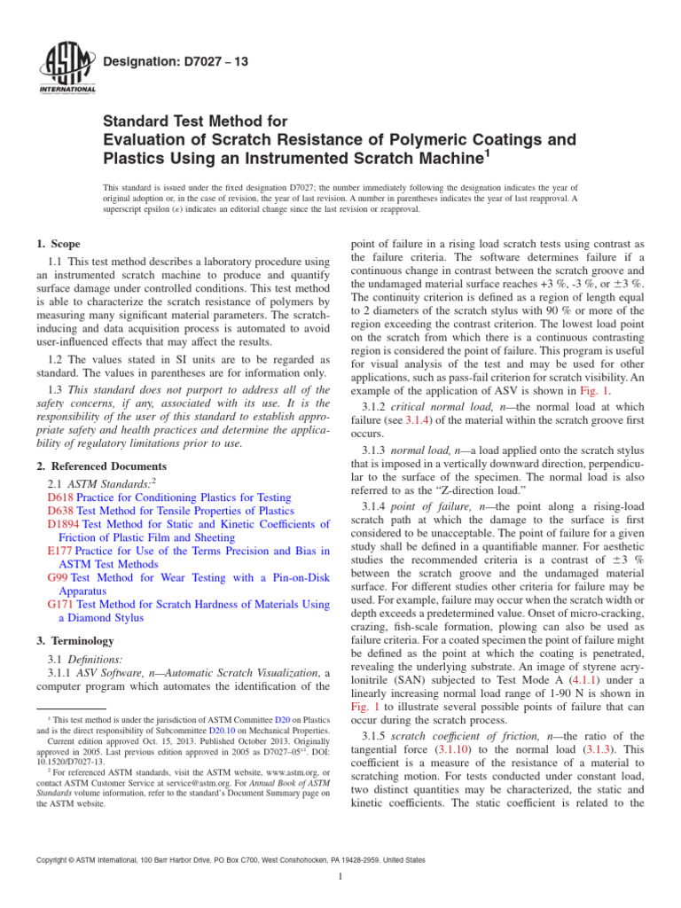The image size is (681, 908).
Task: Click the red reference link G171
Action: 59,603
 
